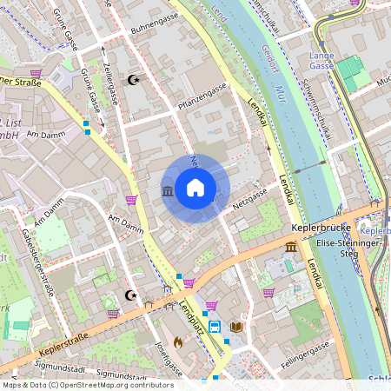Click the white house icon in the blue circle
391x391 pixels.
pos(195,188)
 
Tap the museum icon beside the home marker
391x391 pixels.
pos(167,190)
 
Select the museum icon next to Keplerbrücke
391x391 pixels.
pos(290,248)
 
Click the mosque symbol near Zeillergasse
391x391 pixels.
pos(133,80)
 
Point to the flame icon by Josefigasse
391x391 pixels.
pos(179,342)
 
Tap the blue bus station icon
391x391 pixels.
pos(215,327)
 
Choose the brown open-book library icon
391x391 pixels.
pos(236,327)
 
